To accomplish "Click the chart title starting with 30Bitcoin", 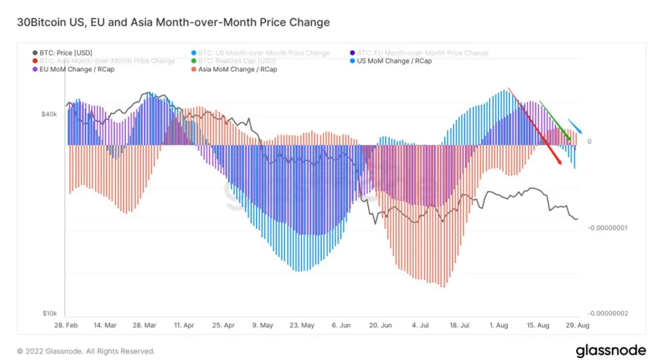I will tap(174, 22).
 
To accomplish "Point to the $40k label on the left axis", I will tap(49, 114).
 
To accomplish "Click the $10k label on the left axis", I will tap(49, 313).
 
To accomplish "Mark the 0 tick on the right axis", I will tap(590, 141).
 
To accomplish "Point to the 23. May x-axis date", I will tap(302, 325).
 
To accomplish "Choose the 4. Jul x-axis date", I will tap(419, 325).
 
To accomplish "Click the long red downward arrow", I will tap(535, 126).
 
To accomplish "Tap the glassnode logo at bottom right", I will tap(610, 350).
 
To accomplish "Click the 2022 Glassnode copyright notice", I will tap(86, 352).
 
